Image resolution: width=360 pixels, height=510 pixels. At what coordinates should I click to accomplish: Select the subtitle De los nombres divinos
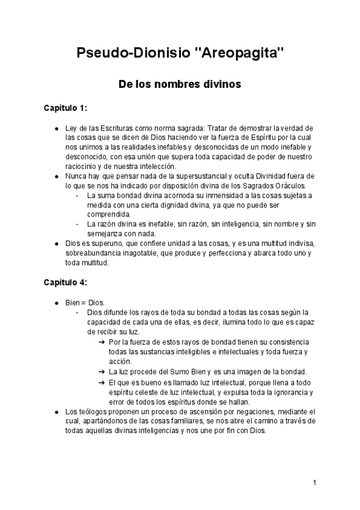(180, 85)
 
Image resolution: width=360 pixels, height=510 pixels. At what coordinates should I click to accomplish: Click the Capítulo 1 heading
(66, 108)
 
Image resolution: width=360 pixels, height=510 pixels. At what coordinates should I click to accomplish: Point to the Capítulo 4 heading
(66, 281)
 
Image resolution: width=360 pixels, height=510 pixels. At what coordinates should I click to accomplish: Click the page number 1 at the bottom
(314, 482)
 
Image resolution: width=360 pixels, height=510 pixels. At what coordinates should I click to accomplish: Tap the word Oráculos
(288, 186)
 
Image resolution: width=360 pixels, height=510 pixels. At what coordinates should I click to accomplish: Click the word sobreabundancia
(94, 253)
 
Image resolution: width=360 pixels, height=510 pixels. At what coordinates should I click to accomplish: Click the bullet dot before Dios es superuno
(55, 244)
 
